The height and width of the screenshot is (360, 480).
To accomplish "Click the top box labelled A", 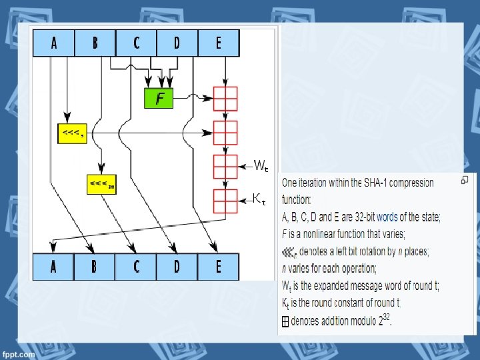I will point(54,43).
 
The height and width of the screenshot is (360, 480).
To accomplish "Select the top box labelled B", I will point(95,43).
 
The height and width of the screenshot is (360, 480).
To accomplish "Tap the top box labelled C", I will point(136,43).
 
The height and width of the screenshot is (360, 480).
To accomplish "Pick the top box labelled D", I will point(177,43).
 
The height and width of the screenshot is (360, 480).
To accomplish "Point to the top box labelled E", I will point(218,43).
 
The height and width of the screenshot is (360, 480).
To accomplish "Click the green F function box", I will point(159,99).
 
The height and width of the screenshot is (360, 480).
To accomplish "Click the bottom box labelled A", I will point(53,267).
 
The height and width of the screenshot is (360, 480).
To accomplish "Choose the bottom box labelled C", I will point(136,267).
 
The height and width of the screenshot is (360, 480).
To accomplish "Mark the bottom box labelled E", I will point(218,267).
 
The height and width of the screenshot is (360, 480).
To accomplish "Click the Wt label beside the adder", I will point(261,165).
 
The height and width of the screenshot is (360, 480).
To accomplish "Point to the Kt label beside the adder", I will point(260,199).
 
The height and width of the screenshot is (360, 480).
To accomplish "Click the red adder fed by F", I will point(225,99).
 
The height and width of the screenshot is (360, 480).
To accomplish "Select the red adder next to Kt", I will point(225,201).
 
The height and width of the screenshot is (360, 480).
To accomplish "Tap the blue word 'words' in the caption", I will point(387,217).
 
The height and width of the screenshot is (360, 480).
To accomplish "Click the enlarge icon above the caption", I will point(464,180).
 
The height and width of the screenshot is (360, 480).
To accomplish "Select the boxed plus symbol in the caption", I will point(284,321).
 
